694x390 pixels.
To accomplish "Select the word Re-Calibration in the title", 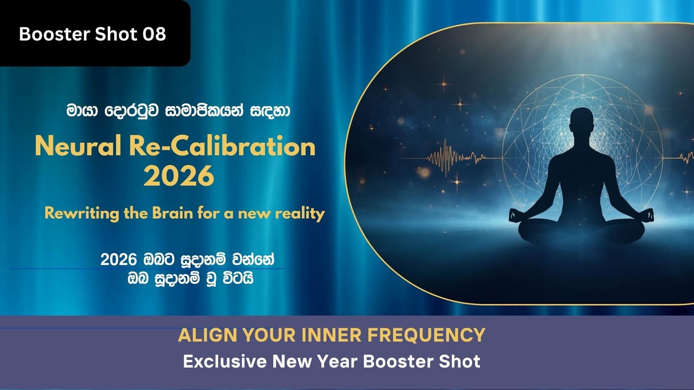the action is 222,146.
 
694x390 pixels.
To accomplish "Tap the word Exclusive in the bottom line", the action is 224,361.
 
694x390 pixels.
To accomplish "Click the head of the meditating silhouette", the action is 582,122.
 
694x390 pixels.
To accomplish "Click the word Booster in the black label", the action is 55,34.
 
